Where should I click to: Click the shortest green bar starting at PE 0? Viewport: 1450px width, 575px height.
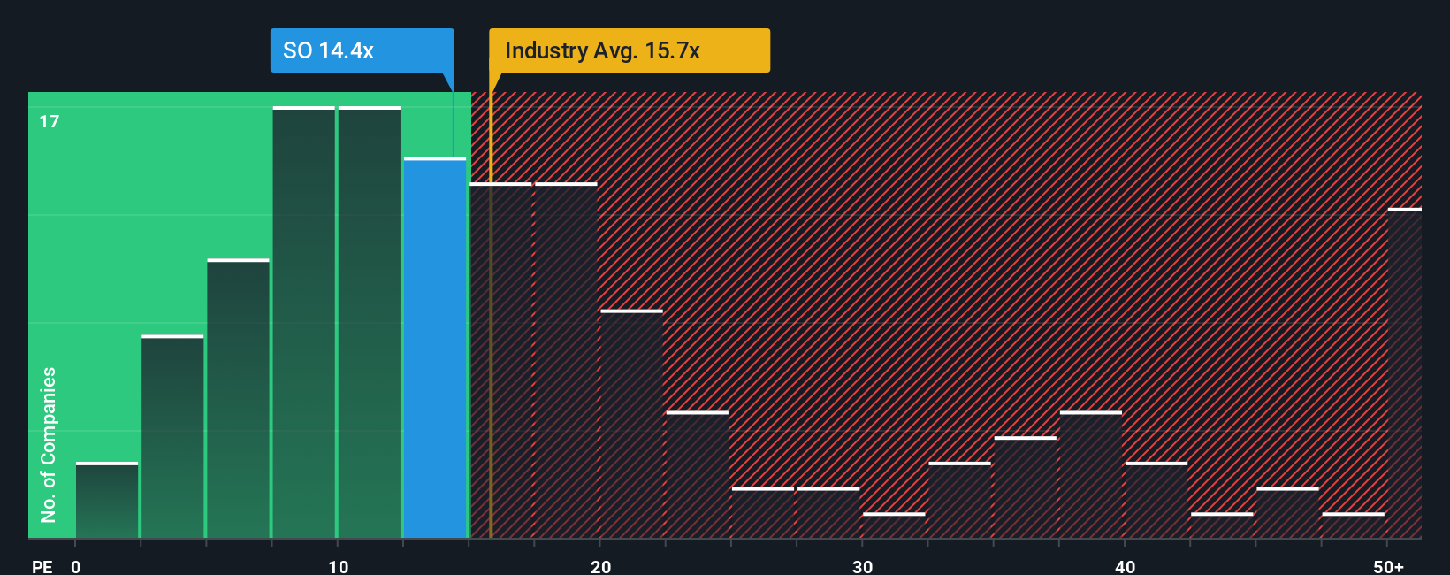tap(107, 500)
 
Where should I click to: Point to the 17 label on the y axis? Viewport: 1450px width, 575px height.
tap(50, 121)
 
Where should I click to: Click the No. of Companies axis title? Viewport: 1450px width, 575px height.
tap(49, 444)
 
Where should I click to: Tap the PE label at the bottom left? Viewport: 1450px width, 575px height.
tap(42, 566)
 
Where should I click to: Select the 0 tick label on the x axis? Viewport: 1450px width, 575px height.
tap(76, 566)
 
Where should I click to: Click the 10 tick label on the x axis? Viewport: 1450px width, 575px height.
tap(338, 566)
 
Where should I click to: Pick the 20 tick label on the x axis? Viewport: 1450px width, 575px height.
tap(600, 566)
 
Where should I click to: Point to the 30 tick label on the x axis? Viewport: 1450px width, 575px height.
tap(862, 566)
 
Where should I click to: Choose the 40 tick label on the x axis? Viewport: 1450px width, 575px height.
tap(1125, 566)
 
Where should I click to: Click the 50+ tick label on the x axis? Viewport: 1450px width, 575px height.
tap(1388, 566)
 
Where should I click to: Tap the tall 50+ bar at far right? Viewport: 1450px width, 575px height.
tap(1404, 373)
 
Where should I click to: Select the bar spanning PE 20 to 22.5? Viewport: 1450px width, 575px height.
tap(631, 424)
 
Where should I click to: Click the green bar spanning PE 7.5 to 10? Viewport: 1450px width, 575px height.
tap(304, 322)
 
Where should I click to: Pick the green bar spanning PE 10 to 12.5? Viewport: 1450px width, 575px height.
tap(370, 322)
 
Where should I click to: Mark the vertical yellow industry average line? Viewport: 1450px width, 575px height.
tap(491, 310)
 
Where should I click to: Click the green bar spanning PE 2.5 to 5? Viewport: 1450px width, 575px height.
tap(172, 437)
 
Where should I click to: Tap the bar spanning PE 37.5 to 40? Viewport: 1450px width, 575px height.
tap(1090, 475)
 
